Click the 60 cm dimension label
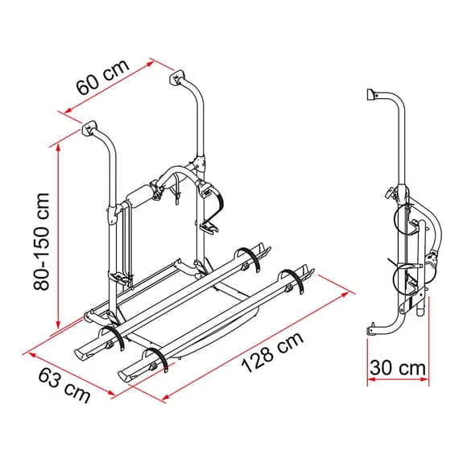(x=102, y=77)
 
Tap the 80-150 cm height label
(x=42, y=242)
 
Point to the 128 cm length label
(x=272, y=352)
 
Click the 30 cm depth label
(x=398, y=368)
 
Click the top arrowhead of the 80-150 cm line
(x=59, y=149)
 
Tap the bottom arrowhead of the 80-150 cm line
(x=59, y=324)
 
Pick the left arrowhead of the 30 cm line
(x=371, y=379)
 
